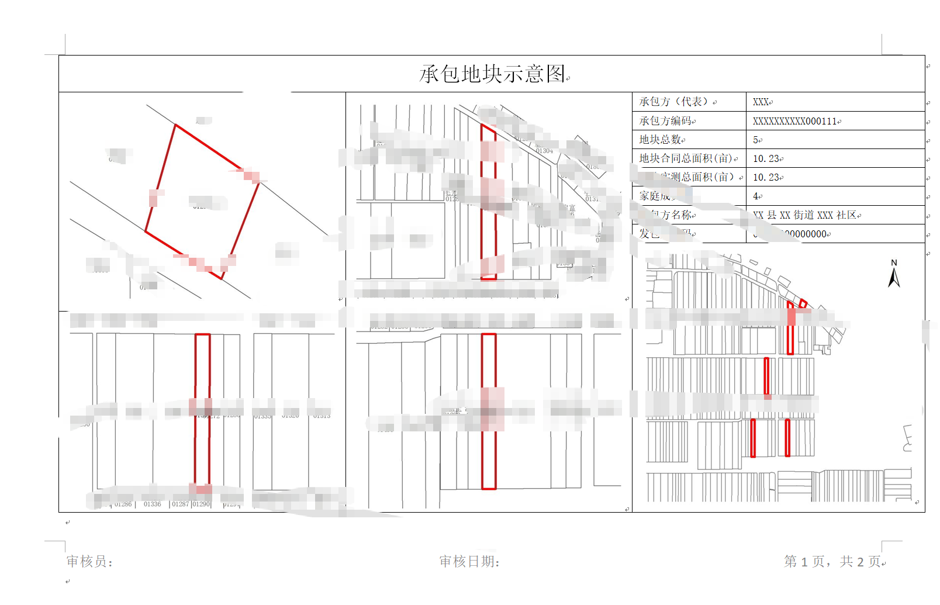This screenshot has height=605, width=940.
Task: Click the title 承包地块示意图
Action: (493, 74)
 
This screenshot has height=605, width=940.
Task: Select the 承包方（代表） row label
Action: (673, 102)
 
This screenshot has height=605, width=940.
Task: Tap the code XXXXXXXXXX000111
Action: (794, 121)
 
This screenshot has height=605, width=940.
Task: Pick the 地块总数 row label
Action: (660, 140)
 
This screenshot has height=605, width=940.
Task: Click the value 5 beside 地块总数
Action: (755, 140)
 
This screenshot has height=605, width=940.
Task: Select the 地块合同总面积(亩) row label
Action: (685, 158)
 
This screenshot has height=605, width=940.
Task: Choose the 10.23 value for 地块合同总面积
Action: (766, 158)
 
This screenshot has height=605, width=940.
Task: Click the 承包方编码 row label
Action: (665, 121)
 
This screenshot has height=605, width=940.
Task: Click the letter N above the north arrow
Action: (894, 263)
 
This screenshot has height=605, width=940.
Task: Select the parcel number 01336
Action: (152, 504)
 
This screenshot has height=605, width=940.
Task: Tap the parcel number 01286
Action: (123, 504)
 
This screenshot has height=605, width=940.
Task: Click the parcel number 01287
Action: (180, 504)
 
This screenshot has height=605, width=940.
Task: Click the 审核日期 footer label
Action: (468, 561)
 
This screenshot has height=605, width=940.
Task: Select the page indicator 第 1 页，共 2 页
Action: (832, 561)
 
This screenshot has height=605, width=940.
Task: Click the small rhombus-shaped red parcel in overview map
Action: (803, 303)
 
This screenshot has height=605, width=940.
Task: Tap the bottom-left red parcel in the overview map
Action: (753, 438)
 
